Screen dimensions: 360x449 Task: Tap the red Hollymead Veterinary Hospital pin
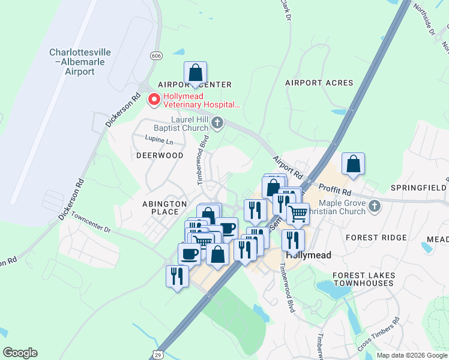click(x=154, y=100)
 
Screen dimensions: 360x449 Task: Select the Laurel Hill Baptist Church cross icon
click(x=217, y=124)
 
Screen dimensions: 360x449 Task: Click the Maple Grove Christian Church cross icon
click(x=375, y=206)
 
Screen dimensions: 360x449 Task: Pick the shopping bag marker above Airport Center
click(x=195, y=73)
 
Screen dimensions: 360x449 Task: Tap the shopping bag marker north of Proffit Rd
click(x=354, y=164)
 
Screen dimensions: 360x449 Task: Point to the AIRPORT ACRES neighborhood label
click(x=319, y=83)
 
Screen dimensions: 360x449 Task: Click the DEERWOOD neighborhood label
click(x=160, y=155)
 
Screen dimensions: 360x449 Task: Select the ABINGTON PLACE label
click(x=160, y=208)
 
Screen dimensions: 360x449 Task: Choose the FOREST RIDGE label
click(x=385, y=238)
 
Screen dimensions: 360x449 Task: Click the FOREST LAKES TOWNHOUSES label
click(x=364, y=279)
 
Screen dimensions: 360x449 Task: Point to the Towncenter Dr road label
click(x=91, y=222)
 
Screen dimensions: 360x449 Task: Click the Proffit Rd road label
click(x=334, y=191)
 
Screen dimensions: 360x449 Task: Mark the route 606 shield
click(x=157, y=56)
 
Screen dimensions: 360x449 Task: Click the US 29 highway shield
click(x=157, y=355)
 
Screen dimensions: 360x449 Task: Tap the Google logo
click(x=20, y=353)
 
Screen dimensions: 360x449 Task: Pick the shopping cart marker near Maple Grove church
click(x=298, y=213)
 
